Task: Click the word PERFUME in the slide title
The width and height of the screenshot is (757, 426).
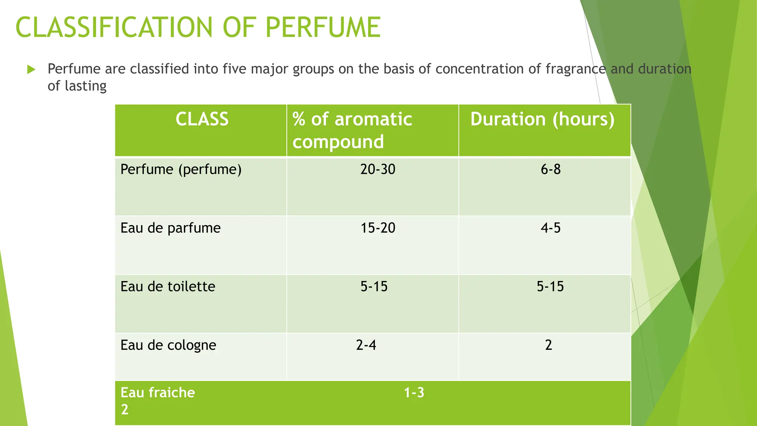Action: tap(323, 27)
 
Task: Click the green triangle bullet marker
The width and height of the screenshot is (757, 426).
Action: tap(31, 69)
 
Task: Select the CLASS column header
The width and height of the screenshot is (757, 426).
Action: tap(202, 119)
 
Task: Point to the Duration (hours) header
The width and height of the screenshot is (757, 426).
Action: tap(542, 119)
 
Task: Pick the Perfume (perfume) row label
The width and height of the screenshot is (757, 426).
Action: tap(181, 169)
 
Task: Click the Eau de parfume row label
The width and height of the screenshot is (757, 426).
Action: tap(170, 228)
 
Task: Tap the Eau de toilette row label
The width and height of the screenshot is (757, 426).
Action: tap(168, 287)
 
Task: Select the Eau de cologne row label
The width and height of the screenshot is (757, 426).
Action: tap(168, 345)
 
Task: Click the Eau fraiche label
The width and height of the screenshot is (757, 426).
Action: tap(157, 392)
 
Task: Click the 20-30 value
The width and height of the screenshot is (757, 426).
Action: tap(378, 169)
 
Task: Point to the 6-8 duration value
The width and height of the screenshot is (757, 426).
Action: tap(550, 169)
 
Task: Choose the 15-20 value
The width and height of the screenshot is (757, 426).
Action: tap(378, 228)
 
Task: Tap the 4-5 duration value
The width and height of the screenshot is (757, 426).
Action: tap(550, 228)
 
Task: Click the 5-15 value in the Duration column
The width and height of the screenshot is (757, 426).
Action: tap(550, 287)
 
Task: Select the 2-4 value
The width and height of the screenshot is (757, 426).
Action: tap(366, 345)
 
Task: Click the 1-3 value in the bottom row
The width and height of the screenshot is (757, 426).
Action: tap(414, 392)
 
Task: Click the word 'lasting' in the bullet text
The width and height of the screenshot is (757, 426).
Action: tap(85, 86)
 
